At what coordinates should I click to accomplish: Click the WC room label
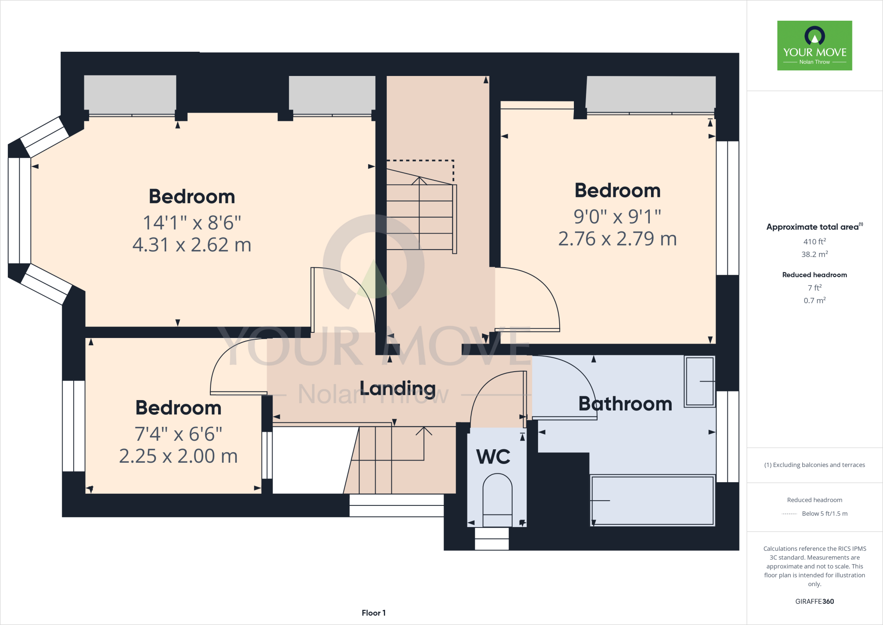point(493,457)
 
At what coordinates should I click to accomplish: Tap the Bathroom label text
point(625,404)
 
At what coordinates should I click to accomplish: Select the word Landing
point(398,388)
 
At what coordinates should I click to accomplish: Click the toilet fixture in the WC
point(497,501)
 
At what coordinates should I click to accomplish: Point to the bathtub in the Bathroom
point(652,501)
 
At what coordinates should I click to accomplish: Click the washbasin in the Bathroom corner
point(699,382)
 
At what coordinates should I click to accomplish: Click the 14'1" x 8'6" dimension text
point(192,223)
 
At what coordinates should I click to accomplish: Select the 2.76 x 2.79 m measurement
point(617,239)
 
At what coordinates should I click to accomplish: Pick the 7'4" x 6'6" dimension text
point(178,434)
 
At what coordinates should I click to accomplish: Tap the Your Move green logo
point(814,46)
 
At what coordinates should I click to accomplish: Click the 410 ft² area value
point(814,242)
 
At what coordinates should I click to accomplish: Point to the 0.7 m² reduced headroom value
point(814,300)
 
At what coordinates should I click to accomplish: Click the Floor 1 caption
point(373,613)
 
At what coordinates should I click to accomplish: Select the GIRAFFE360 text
point(814,601)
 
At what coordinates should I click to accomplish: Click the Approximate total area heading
point(813,227)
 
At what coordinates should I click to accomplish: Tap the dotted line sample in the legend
point(789,514)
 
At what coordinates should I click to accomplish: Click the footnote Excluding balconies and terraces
point(814,465)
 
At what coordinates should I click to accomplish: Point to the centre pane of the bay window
point(19,211)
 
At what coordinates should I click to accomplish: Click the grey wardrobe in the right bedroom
point(651,94)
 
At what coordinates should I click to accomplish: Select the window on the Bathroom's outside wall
point(727,436)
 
